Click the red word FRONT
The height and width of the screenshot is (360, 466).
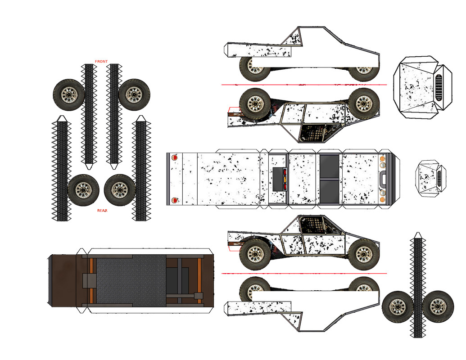click(x=101, y=61)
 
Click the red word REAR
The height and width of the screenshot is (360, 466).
click(x=102, y=211)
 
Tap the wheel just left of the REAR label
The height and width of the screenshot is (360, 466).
click(x=83, y=190)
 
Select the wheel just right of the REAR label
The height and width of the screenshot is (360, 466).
click(x=120, y=190)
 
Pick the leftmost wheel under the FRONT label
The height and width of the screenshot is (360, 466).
click(x=69, y=94)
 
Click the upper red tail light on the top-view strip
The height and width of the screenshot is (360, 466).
click(x=175, y=158)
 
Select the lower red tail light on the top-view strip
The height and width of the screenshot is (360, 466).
click(x=175, y=199)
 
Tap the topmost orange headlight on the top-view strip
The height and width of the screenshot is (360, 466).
click(x=382, y=159)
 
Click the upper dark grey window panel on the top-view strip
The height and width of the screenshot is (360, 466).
click(x=330, y=166)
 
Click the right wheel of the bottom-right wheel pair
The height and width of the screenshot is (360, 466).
click(x=438, y=307)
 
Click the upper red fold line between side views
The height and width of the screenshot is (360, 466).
click(x=304, y=85)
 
